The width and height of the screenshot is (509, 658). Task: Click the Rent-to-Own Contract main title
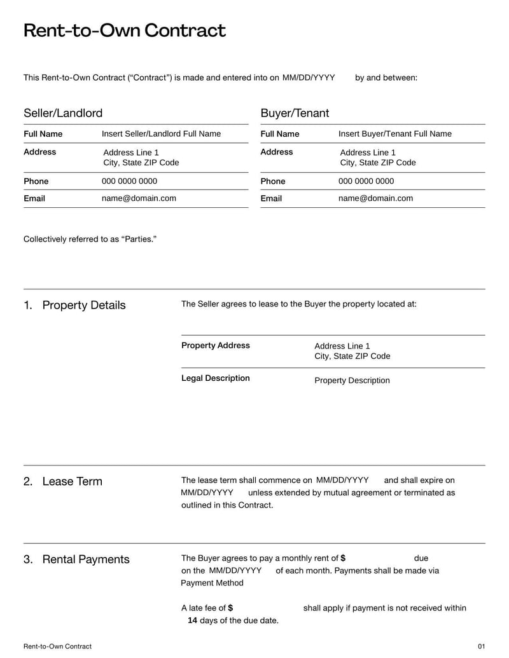coord(124,31)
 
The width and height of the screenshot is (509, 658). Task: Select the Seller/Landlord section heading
coord(63,113)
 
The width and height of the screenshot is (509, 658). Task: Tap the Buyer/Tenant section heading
coord(295,113)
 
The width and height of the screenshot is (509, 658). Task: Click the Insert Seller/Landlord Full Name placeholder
coord(161,134)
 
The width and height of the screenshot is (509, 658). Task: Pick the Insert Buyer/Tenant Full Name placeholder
coord(394,134)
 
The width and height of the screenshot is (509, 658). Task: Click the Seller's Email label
coord(34,198)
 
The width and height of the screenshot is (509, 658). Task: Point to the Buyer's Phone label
coord(272,181)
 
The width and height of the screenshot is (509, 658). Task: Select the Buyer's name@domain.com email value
coord(375,198)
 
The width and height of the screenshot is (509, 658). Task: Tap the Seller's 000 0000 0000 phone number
coord(129,181)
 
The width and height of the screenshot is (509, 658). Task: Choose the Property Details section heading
coord(83,305)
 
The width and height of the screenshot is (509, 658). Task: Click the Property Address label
coord(216,346)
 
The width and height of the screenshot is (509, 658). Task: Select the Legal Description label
coord(216,378)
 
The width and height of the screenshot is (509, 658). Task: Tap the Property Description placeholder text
coord(352,381)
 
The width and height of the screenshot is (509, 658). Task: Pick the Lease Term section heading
coord(72,481)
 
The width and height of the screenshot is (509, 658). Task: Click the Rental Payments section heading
coord(85,559)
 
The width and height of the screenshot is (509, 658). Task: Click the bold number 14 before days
coord(192,620)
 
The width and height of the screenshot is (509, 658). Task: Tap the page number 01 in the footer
coord(481,647)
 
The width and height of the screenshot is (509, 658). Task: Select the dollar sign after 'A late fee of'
coord(230,608)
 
